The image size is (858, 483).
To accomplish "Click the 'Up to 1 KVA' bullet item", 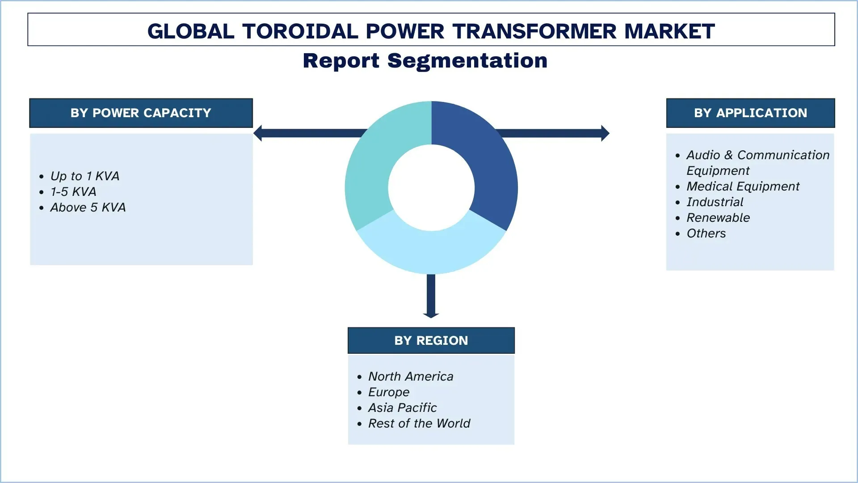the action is tap(85, 176).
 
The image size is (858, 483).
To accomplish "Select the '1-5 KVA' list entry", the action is tap(73, 192).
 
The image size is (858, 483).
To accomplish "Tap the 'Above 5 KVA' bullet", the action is tap(88, 208).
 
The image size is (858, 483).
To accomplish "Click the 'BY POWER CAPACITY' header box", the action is tap(141, 113).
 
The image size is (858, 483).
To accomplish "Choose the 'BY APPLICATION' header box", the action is tap(750, 113).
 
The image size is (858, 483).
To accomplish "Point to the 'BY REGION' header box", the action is tap(431, 340).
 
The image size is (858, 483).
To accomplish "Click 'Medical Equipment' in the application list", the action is tap(743, 186).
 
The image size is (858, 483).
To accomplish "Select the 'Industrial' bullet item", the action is tap(715, 202).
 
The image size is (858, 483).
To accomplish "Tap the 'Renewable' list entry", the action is tap(718, 218).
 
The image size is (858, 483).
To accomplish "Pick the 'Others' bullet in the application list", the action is tap(706, 233).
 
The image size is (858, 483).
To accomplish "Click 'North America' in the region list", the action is tap(411, 377).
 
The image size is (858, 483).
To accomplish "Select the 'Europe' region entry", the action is tap(389, 392).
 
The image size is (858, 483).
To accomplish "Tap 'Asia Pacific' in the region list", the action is tap(402, 408).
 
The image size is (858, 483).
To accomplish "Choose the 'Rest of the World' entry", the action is tap(419, 424).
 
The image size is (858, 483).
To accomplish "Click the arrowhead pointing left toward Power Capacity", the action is tap(258, 133).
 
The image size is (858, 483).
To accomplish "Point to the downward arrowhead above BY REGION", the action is tap(431, 315).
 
